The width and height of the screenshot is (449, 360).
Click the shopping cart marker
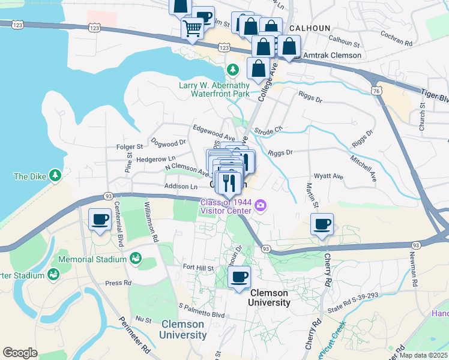coord(193,28)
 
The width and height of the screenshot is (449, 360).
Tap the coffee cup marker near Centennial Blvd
coord(100,219)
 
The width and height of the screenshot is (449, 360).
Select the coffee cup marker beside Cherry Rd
coord(322,224)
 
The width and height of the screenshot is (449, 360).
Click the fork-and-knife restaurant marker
coord(228,182)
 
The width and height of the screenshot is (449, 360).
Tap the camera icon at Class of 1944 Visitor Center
coord(260,206)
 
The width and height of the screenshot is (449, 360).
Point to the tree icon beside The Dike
coord(55,175)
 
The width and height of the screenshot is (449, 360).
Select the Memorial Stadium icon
coord(136,259)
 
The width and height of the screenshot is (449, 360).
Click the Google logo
coord(20,352)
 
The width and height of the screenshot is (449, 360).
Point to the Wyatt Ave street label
coord(330,177)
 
